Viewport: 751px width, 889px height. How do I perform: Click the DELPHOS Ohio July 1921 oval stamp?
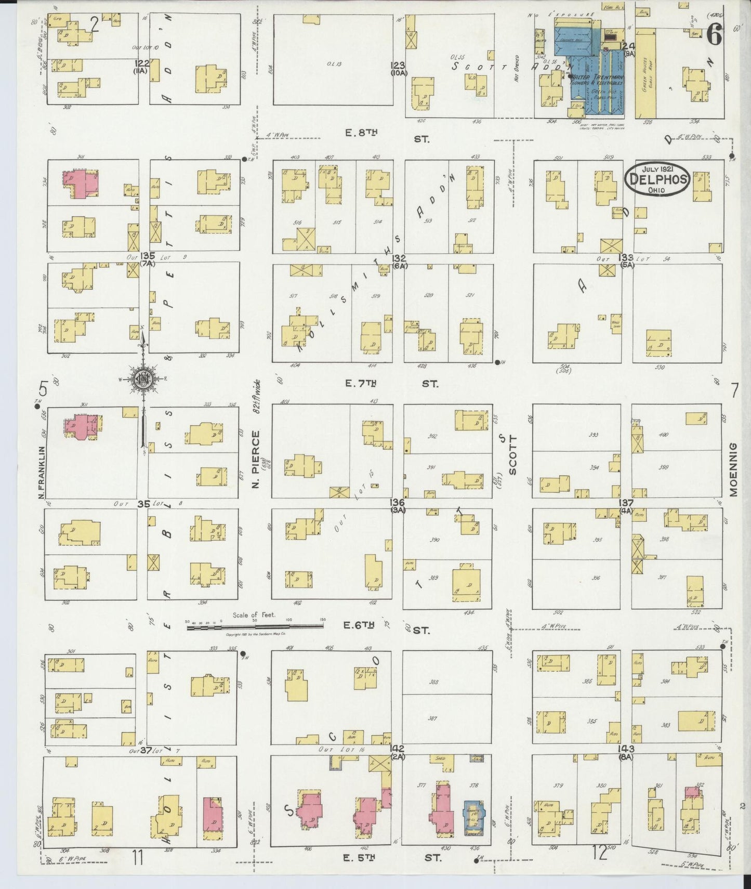pyautogui.click(x=657, y=179)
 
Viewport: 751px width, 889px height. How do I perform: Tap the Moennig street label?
pyautogui.click(x=733, y=470)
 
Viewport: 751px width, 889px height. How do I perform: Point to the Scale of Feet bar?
pyautogui.click(x=255, y=627)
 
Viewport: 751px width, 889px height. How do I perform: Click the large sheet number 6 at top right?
pyautogui.click(x=715, y=36)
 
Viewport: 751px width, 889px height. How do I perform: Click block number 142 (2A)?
pyautogui.click(x=399, y=752)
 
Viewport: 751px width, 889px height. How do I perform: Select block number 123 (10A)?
pyautogui.click(x=399, y=69)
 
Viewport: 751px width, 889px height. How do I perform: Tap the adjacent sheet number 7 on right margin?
pyautogui.click(x=734, y=390)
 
